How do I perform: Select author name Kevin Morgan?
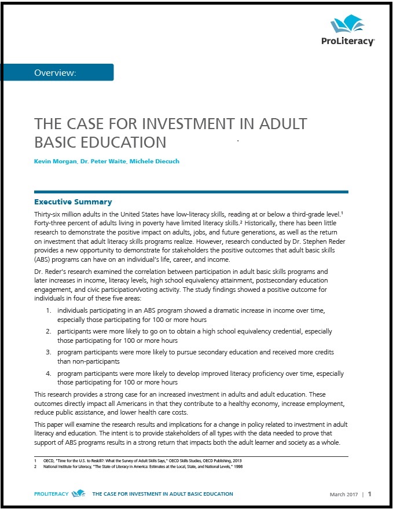pyautogui.click(x=56, y=161)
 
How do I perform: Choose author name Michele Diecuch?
pyautogui.click(x=155, y=161)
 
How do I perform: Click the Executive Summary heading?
pyautogui.click(x=73, y=202)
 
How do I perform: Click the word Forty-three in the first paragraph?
pyautogui.click(x=53, y=223)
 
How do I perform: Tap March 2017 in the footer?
pyautogui.click(x=344, y=494)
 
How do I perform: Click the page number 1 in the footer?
pyautogui.click(x=369, y=494)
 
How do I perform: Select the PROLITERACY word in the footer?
pyautogui.click(x=51, y=494)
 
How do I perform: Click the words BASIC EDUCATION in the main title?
pyautogui.click(x=100, y=142)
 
